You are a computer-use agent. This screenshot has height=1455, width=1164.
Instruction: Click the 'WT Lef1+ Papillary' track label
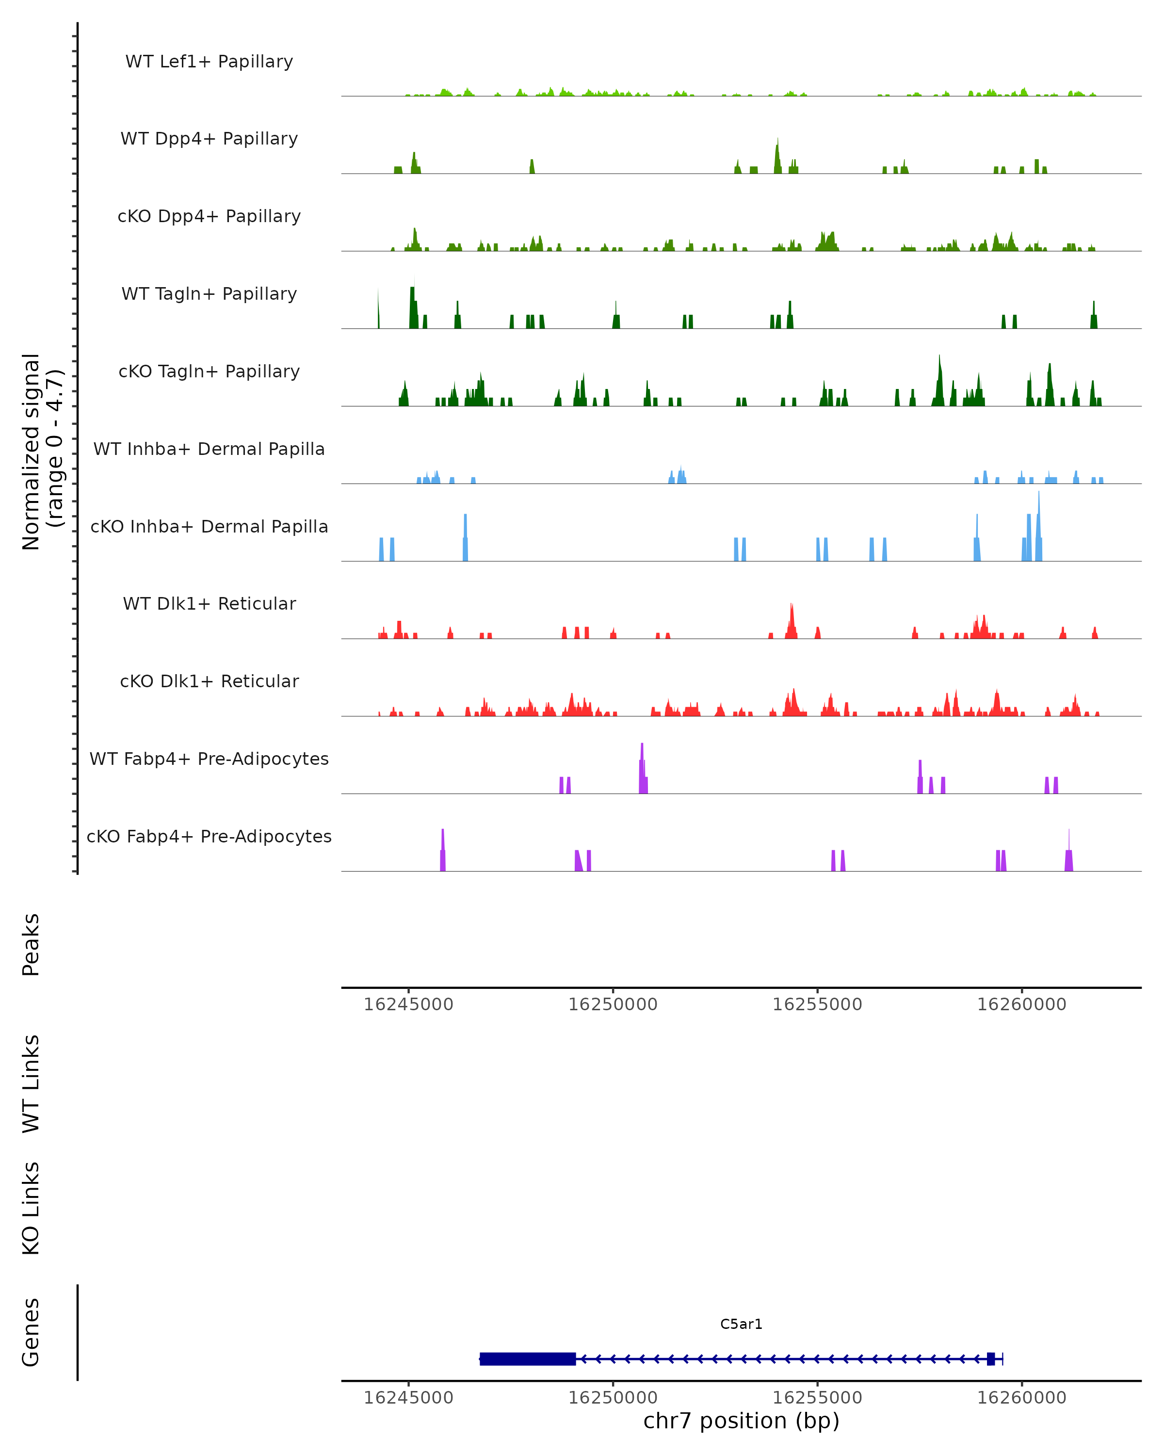[209, 62]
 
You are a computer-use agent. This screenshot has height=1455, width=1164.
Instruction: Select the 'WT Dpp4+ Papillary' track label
[209, 139]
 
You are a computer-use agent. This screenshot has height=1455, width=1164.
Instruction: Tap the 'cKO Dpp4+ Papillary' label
[209, 217]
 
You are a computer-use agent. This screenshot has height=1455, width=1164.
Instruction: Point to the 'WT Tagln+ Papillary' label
[209, 294]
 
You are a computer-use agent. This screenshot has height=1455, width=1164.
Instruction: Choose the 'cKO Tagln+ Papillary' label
[209, 372]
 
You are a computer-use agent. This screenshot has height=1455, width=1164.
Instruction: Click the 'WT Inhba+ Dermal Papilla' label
[209, 450]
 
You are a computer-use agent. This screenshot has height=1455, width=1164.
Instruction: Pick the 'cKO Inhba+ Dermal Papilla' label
[209, 527]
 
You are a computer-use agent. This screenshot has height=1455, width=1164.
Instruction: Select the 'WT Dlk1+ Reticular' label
[209, 604]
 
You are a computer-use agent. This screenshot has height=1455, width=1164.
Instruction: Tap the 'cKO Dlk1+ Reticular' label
[209, 681]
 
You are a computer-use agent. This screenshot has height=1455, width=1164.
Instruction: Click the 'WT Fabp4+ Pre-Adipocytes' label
[209, 759]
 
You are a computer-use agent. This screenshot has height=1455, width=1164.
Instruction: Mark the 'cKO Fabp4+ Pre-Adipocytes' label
[209, 837]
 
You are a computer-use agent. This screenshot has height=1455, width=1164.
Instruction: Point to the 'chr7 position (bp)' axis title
[741, 1421]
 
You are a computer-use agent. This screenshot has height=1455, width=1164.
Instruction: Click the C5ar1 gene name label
[741, 1324]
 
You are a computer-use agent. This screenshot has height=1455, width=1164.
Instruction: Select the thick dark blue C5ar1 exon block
[528, 1359]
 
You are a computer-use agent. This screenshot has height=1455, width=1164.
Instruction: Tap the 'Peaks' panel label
[31, 945]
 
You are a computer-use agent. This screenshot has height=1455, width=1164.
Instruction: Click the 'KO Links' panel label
[31, 1208]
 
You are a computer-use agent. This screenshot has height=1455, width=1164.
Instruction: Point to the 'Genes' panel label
[31, 1332]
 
